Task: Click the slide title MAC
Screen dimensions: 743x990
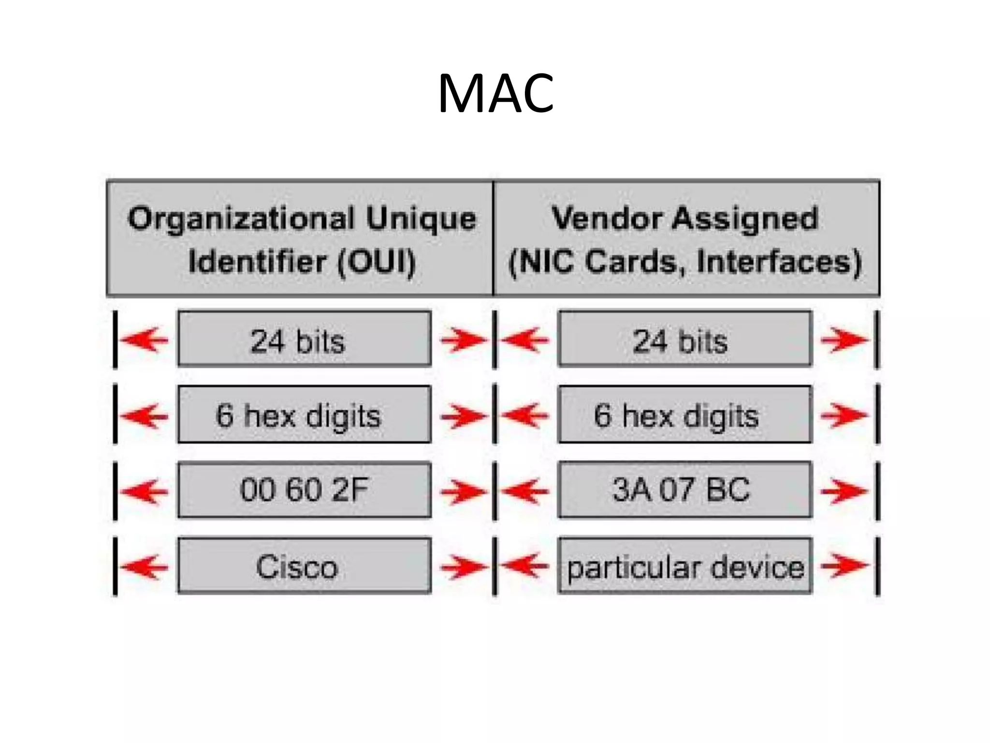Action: [495, 93]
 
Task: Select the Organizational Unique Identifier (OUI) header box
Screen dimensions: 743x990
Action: [300, 238]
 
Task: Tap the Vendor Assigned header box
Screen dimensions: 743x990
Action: [686, 238]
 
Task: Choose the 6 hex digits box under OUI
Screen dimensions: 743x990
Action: [305, 415]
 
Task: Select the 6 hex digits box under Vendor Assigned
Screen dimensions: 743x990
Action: [685, 415]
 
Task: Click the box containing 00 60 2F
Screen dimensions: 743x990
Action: [305, 490]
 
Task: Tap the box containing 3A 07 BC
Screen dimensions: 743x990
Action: [685, 490]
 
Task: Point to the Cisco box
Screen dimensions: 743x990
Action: [305, 565]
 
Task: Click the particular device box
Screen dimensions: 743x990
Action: [685, 565]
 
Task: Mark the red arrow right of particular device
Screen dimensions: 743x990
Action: [844, 565]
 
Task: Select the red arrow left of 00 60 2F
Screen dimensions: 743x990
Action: [144, 491]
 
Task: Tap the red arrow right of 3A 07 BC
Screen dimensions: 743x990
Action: [844, 490]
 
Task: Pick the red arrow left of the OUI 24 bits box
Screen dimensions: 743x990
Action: [144, 340]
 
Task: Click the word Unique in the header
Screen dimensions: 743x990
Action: [421, 219]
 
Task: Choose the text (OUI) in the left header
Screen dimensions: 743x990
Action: [376, 262]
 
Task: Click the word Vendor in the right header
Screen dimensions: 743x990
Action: [607, 218]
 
